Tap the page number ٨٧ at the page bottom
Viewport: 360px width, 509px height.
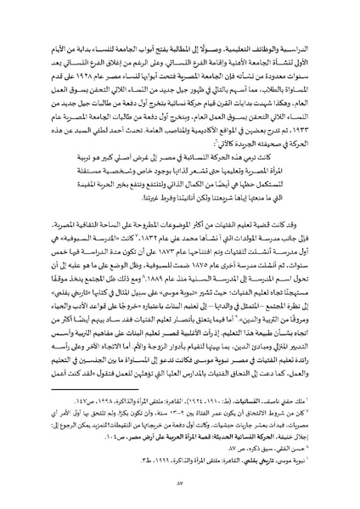pos(180,491)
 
